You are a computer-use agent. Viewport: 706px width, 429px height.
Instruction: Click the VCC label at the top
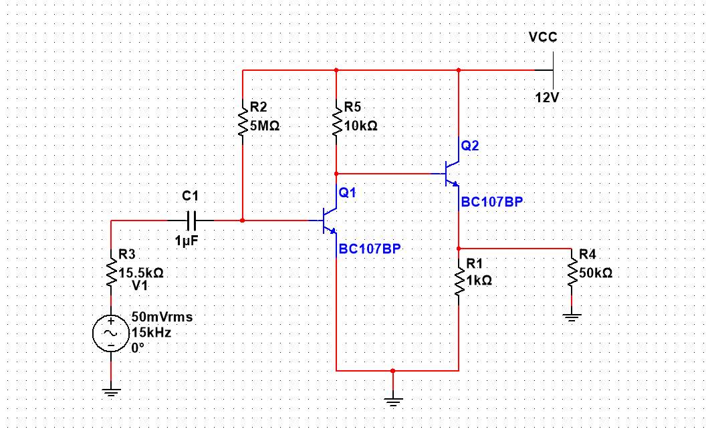(x=543, y=37)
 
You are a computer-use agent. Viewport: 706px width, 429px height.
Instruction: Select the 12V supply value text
(x=547, y=98)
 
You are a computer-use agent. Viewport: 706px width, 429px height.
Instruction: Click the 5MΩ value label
(x=265, y=126)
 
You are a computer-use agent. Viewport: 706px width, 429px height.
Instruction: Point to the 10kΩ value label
(x=360, y=126)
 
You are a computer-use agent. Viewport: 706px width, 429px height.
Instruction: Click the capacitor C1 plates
(x=191, y=221)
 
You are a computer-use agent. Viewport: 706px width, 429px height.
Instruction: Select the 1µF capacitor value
(x=187, y=241)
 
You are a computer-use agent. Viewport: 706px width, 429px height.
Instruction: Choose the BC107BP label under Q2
(x=492, y=202)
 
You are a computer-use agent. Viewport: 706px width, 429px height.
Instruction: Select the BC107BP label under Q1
(x=370, y=249)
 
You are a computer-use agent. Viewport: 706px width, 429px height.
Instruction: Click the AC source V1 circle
(x=111, y=333)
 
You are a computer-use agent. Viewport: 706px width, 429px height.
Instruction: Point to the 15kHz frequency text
(x=151, y=333)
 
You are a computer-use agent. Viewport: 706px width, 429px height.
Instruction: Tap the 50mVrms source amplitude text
(x=162, y=317)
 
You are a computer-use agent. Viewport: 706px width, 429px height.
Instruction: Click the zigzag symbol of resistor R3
(x=111, y=273)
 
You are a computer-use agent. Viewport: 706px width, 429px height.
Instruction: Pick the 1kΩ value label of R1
(x=479, y=281)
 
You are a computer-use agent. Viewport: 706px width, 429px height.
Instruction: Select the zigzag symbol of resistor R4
(x=572, y=272)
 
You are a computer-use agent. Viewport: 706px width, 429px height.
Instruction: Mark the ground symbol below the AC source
(x=111, y=392)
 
